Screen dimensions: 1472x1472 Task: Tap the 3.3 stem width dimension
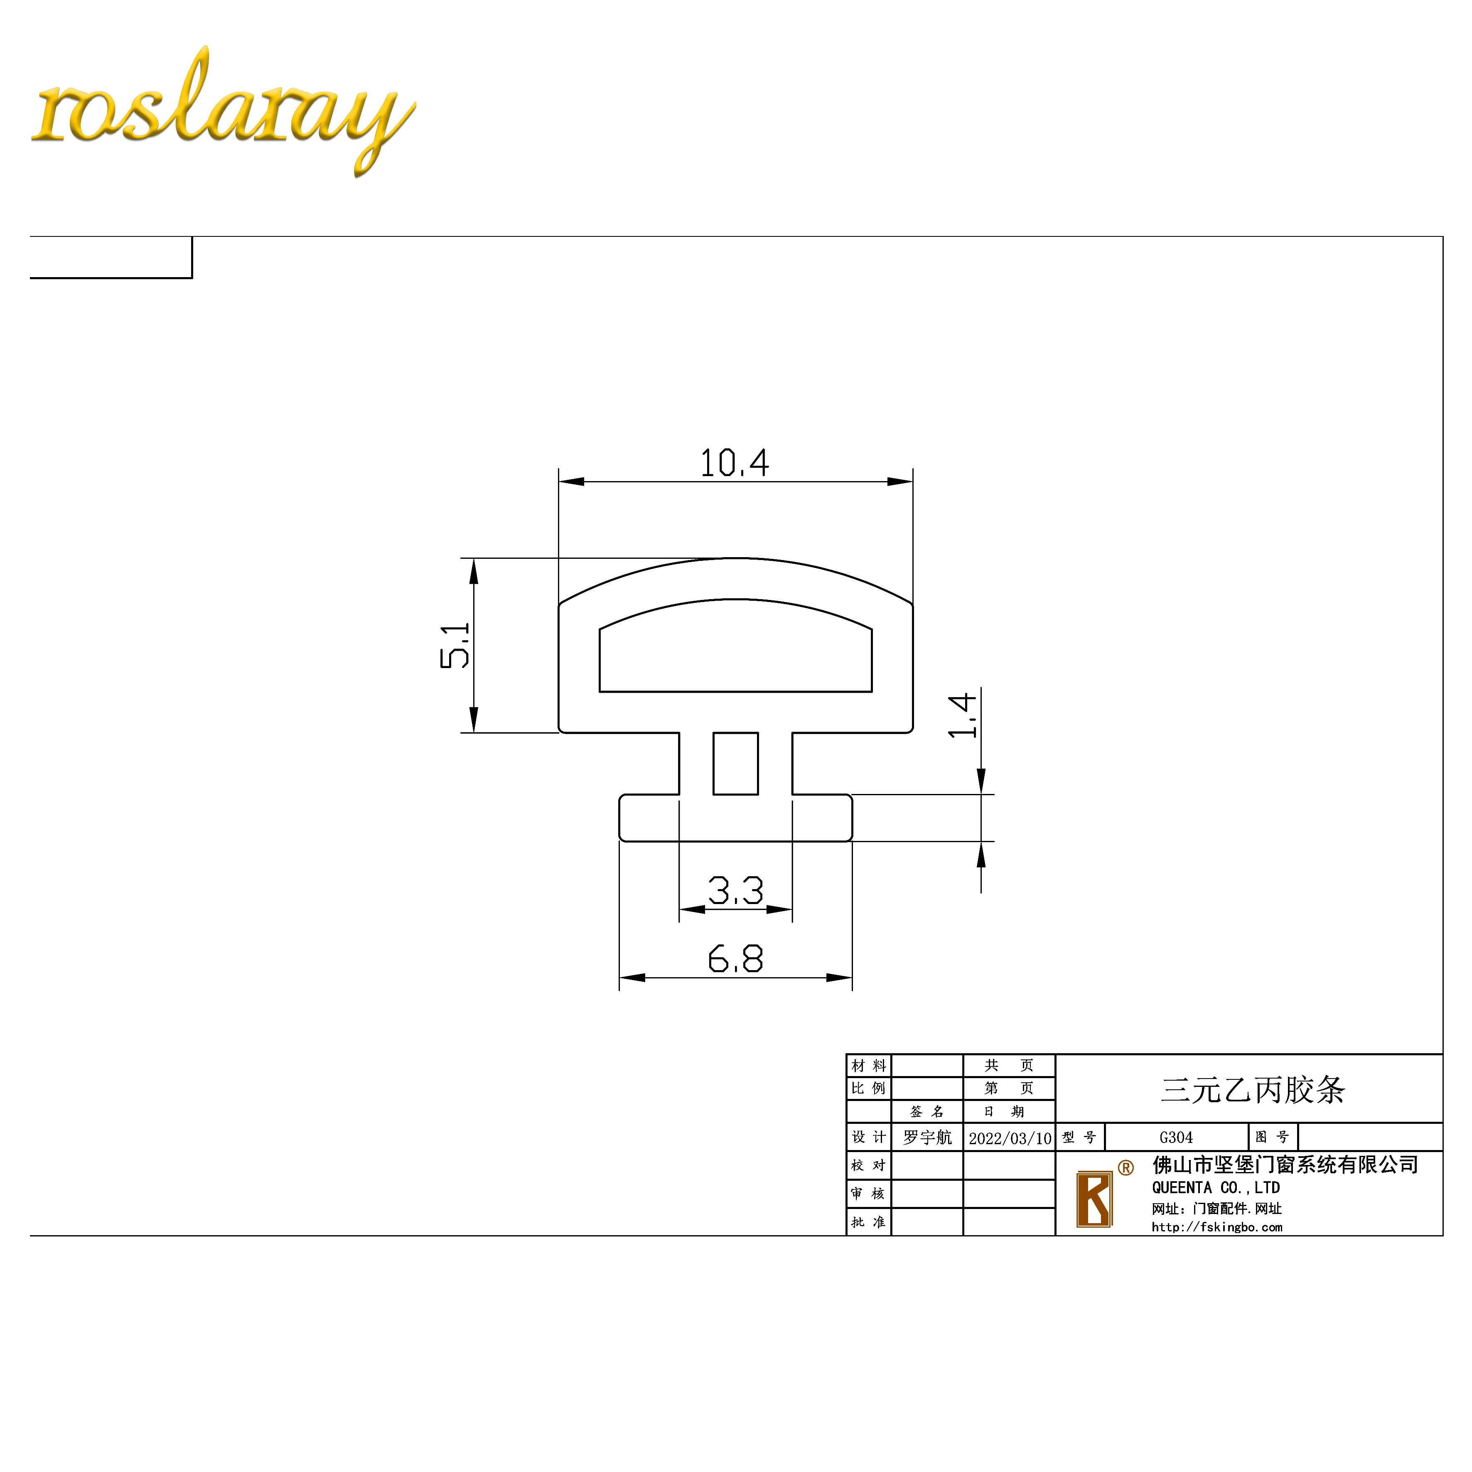[x=735, y=890]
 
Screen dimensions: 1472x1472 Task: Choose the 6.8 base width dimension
[x=735, y=958]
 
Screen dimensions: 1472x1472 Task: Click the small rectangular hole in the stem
[x=735, y=764]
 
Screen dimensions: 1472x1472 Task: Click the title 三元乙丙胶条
[x=1253, y=1089]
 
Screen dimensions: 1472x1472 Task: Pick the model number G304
[x=1176, y=1138]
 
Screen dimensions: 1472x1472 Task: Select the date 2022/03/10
[x=1010, y=1138]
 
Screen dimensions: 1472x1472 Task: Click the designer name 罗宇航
[x=927, y=1138]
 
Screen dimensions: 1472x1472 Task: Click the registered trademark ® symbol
[x=1126, y=1167]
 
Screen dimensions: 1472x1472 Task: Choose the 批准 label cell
[x=869, y=1222]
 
